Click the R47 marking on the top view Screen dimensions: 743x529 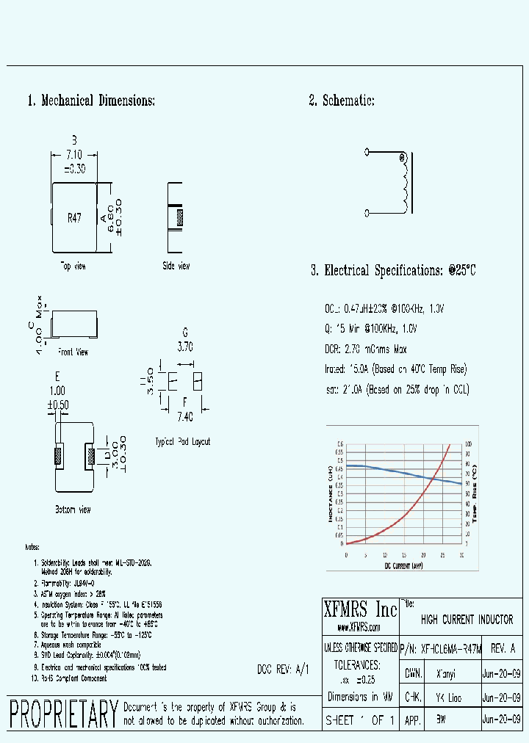(x=74, y=218)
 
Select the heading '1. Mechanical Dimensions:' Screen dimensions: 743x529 (x=91, y=101)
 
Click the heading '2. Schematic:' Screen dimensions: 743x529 (x=342, y=101)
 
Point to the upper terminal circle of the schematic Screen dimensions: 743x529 (x=368, y=153)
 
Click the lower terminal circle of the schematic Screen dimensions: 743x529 (x=368, y=213)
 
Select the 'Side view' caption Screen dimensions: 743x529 (x=176, y=265)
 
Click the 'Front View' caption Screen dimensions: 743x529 (x=73, y=352)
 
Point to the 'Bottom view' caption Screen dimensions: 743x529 (x=73, y=509)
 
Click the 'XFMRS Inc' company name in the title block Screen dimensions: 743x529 (x=360, y=609)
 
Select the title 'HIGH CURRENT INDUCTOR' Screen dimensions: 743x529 (x=467, y=620)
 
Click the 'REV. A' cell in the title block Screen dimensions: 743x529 (x=502, y=649)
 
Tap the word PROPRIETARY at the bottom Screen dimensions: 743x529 (x=64, y=714)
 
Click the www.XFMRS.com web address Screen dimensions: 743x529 (x=359, y=628)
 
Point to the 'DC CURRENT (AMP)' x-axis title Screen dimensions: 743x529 (x=403, y=565)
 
